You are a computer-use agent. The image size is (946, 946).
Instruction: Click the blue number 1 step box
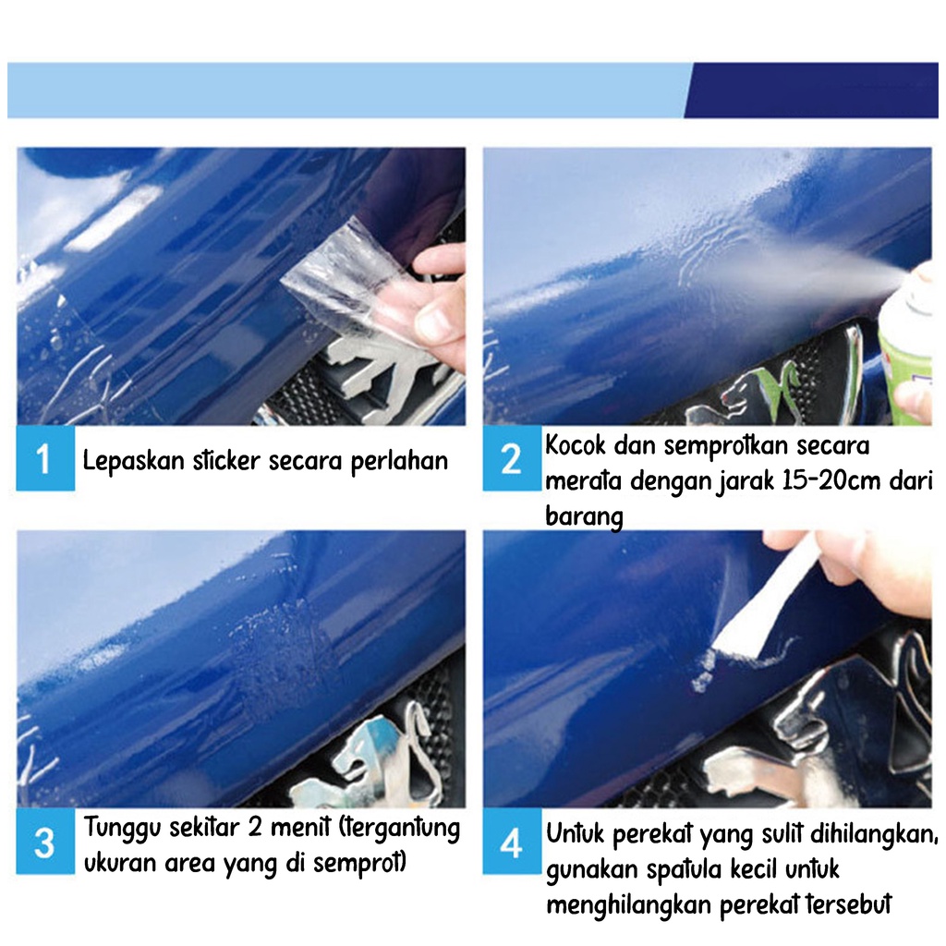45,458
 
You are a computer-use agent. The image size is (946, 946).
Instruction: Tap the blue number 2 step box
512,458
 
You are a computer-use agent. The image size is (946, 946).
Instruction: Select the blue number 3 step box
45,842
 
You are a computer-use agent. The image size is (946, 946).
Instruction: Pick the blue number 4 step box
512,842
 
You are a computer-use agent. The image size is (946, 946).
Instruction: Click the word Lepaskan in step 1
133,462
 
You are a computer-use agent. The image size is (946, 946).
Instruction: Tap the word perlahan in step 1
399,462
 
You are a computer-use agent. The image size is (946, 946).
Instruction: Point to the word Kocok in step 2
575,445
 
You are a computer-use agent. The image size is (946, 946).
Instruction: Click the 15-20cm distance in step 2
831,480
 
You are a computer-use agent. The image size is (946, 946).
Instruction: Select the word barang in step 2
584,517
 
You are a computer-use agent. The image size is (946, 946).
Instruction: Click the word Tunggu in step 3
122,828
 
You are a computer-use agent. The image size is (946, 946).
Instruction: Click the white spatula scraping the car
766,598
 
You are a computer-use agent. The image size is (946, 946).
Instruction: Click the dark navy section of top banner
811,90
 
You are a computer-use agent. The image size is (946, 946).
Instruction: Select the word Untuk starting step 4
576,834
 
